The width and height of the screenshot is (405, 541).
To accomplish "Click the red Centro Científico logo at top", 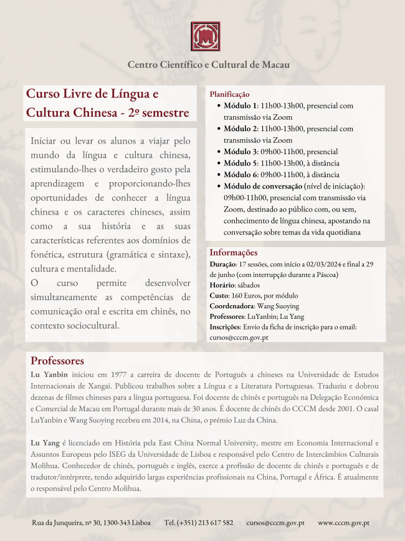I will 206,39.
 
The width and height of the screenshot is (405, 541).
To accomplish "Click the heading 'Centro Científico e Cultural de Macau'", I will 208,65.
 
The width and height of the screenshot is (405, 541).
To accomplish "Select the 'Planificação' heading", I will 229,94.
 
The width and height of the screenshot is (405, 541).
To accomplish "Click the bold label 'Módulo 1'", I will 240,105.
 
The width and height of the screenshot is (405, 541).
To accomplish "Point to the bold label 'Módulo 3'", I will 240,152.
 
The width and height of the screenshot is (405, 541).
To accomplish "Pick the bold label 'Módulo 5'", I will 240,163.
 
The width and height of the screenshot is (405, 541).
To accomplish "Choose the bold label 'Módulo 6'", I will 240,175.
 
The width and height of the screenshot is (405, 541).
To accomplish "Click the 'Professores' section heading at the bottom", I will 57,361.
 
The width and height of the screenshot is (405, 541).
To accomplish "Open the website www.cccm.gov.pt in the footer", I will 344,522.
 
